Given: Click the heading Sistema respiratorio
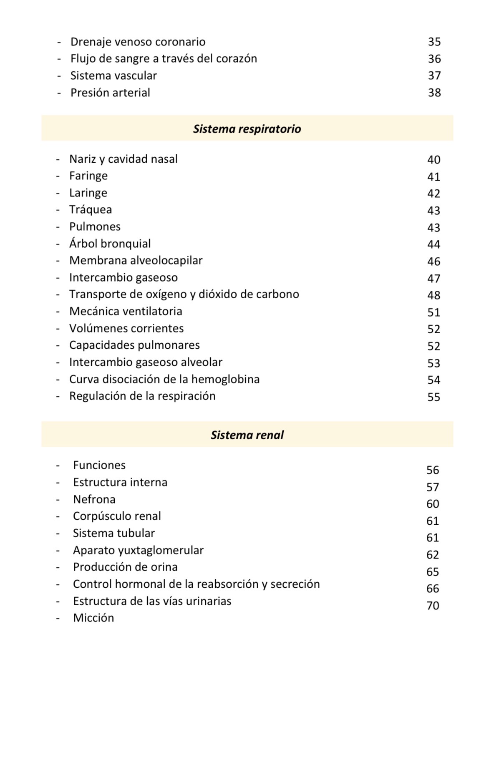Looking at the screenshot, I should tap(247, 129).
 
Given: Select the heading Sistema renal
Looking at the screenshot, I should tap(247, 435).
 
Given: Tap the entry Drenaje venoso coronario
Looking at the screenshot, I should tap(138, 42).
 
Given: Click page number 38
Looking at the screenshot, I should tap(434, 93).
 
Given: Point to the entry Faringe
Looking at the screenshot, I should tap(88, 176).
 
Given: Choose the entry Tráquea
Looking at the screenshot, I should tap(91, 210).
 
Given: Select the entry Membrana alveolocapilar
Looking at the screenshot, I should tap(136, 261).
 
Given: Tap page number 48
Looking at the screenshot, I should tap(434, 295).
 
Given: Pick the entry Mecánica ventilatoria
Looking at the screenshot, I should tap(126, 312).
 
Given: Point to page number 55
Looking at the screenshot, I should tap(434, 397).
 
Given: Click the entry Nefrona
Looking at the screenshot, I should tap(94, 500).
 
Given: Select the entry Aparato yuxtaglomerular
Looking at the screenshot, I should tap(138, 551).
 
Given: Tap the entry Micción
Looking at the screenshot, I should tap(93, 618).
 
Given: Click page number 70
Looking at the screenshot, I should tap(433, 606).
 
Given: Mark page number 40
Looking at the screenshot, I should tap(434, 160).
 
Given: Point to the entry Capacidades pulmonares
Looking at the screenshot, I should tap(134, 345).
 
